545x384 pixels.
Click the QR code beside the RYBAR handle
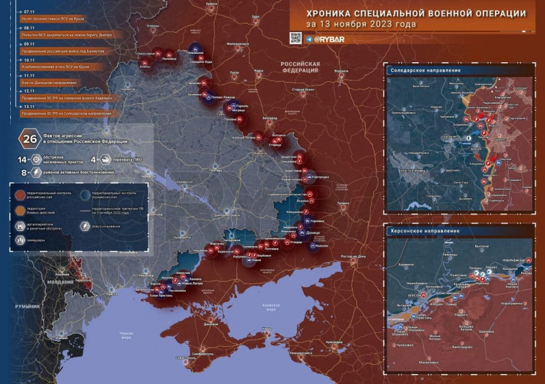point(296,38)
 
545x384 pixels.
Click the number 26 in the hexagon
point(29,138)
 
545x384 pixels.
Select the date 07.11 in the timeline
point(29,12)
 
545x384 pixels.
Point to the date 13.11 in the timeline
point(29,106)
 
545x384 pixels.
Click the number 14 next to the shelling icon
point(21,158)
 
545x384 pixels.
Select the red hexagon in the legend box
point(21,193)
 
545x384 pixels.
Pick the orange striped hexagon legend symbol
point(21,210)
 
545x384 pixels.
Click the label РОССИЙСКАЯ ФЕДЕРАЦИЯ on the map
point(300,67)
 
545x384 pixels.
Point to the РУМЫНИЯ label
point(28,306)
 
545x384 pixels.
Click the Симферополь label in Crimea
point(208,353)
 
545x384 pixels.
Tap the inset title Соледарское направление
point(426,70)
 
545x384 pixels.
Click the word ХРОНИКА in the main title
point(327,13)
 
